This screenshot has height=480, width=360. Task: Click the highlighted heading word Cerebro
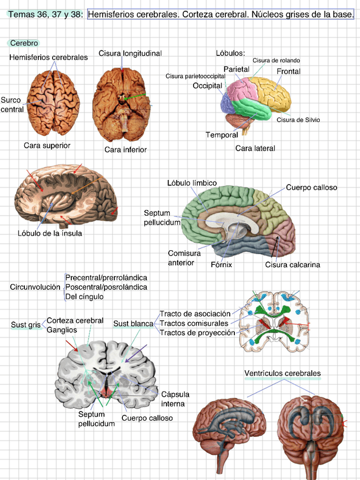point(24,43)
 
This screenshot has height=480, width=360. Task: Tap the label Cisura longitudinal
point(130,53)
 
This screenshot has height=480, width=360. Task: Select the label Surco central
point(11,105)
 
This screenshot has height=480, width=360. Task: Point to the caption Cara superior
point(47,145)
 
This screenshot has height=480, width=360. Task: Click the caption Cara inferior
point(126,149)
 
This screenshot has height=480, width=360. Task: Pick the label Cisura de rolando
point(276,60)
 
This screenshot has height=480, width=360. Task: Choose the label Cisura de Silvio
point(298,119)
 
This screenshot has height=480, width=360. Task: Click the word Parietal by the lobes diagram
point(237,69)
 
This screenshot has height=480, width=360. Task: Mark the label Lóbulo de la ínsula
point(50,233)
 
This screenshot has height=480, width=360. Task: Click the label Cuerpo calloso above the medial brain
point(311,187)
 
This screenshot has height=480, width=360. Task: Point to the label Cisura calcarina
point(293,264)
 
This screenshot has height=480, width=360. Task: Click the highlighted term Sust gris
point(26,325)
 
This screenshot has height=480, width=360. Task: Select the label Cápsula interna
point(175,398)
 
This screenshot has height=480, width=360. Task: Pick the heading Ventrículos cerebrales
point(282,374)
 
